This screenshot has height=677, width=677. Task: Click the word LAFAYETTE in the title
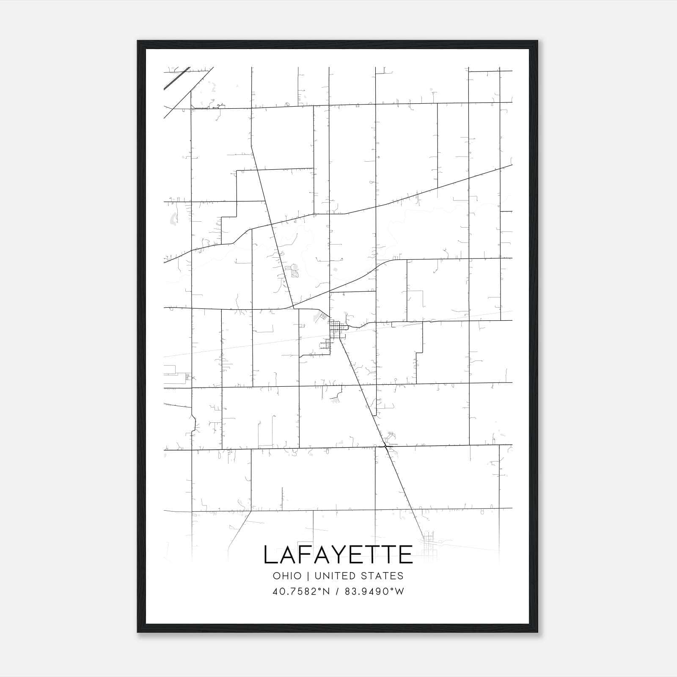click(338, 554)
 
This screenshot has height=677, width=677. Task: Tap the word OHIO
click(287, 576)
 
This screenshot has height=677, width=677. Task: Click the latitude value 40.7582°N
click(301, 591)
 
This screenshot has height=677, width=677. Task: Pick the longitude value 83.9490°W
click(374, 591)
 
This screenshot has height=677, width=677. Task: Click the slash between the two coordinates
click(338, 591)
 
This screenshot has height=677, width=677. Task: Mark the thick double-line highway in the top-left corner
click(176, 78)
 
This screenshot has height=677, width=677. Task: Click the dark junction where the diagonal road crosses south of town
click(386, 446)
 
